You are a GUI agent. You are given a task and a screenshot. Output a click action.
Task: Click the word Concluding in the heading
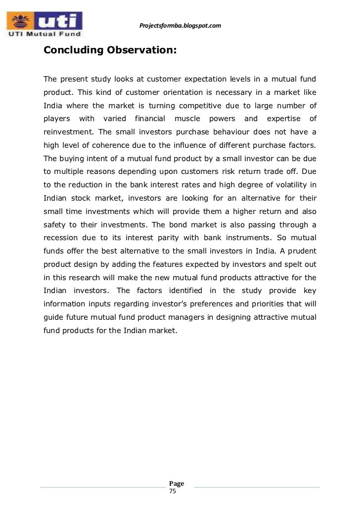70,50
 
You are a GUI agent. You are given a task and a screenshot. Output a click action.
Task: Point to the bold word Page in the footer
176,483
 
